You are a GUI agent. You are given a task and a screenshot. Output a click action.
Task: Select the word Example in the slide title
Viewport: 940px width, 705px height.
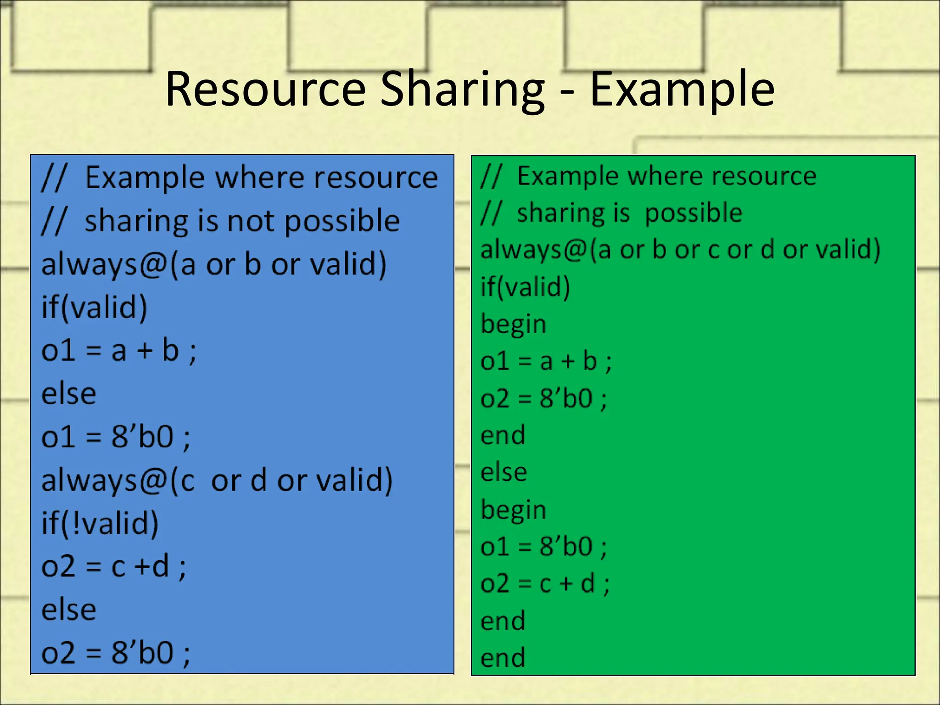point(682,90)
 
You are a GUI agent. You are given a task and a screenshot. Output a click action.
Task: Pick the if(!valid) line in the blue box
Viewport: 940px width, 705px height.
point(100,523)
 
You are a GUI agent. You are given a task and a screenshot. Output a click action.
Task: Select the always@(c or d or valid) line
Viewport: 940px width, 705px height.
point(217,480)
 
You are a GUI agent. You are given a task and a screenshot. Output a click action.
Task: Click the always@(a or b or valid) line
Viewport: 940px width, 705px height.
point(214,264)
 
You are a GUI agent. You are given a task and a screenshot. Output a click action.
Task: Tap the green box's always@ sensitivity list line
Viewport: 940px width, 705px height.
point(680,250)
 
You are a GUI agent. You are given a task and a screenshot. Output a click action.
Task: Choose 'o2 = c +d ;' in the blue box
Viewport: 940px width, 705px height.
point(114,566)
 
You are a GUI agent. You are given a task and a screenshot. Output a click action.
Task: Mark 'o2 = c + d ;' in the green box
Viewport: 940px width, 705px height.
point(545,584)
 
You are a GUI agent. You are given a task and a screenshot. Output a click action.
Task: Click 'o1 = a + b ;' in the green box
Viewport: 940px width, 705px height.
point(546,361)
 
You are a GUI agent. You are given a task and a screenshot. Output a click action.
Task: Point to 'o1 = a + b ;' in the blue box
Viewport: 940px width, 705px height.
point(119,351)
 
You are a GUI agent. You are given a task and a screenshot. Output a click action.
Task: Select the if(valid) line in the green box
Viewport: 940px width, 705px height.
point(525,287)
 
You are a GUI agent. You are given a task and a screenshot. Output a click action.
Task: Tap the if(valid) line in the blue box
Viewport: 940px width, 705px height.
point(95,307)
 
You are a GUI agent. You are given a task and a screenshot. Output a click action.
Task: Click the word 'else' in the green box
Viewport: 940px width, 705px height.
point(504,472)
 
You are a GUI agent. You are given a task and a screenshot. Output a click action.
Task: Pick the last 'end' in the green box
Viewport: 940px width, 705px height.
point(503,658)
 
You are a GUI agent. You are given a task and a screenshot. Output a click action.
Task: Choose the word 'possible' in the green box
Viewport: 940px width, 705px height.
point(694,213)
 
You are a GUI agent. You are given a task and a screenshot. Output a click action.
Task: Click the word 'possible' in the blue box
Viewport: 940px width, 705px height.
point(342,222)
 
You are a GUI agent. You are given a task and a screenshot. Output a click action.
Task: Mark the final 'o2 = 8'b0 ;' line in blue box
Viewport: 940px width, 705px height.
point(116,652)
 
